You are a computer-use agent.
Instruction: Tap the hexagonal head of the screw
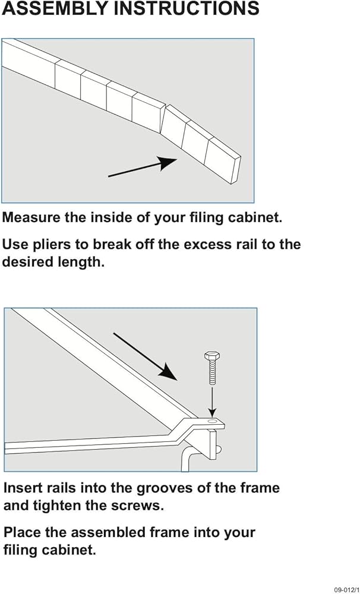(x=212, y=356)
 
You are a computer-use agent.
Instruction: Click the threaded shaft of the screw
(x=212, y=372)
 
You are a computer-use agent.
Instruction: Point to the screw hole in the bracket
(x=213, y=421)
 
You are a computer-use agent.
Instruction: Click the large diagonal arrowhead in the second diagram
(x=168, y=371)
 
